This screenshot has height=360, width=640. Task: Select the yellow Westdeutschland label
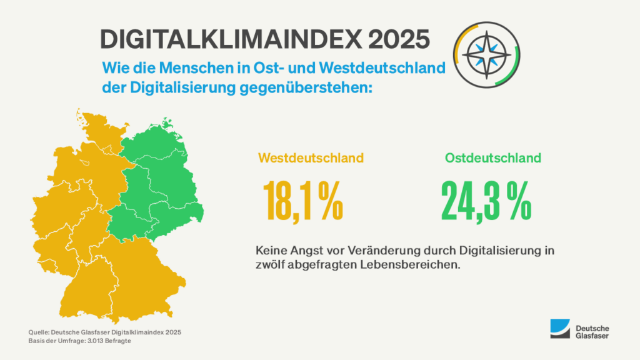pyautogui.click(x=311, y=158)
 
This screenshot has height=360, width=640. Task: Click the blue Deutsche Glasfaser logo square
pyautogui.click(x=560, y=329)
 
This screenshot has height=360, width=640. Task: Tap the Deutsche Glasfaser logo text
pyautogui.click(x=592, y=332)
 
